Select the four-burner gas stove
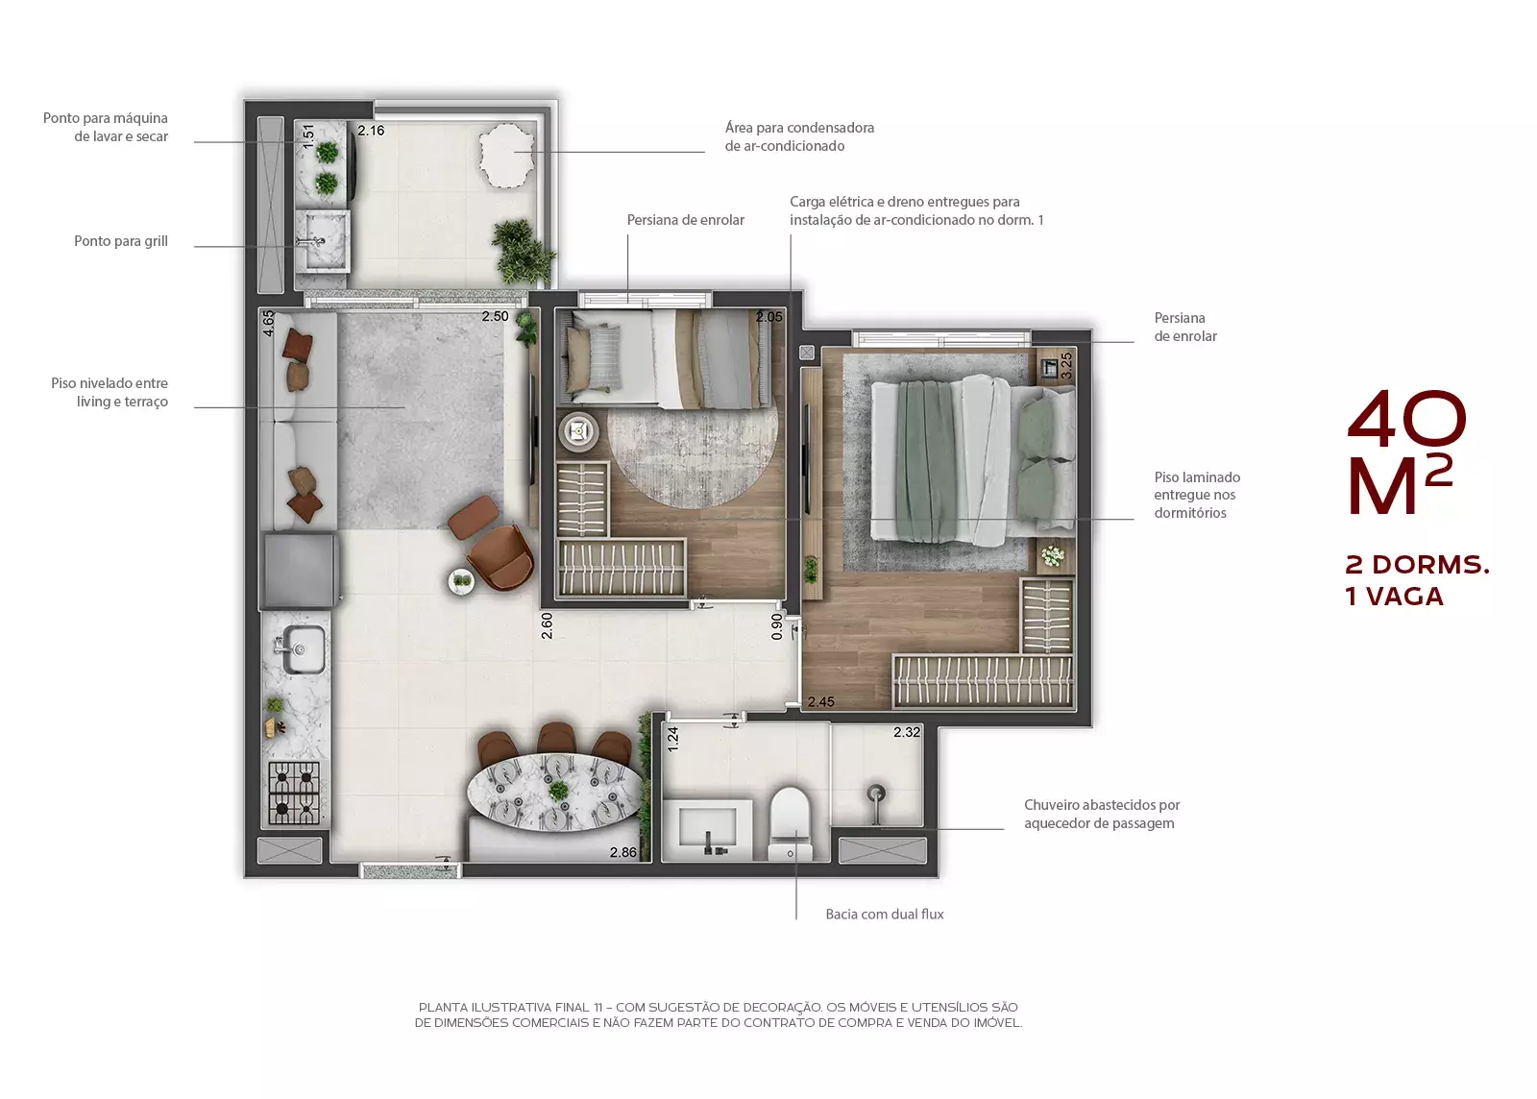[294, 793]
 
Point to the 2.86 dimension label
[623, 852]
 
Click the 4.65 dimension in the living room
[269, 323]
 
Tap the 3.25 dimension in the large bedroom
[1066, 366]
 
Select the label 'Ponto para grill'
[121, 241]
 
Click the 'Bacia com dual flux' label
[885, 914]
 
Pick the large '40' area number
[1406, 416]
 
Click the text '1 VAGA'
[1394, 597]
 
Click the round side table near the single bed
[578, 431]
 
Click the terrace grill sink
[323, 241]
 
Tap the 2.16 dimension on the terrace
[371, 131]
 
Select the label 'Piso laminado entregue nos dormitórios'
[1197, 495]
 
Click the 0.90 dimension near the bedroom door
[777, 626]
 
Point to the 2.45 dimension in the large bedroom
[820, 701]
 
